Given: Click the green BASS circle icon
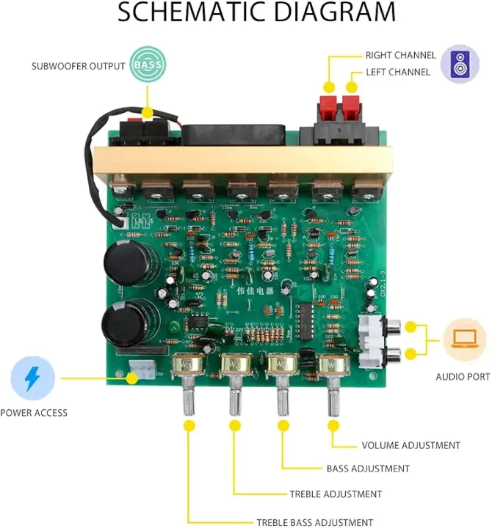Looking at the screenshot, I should pos(147,65).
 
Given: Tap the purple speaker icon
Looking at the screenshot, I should pos(460,64).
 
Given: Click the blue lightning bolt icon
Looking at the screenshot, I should pos(32,378).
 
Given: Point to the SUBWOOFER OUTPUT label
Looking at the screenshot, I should pos(78,66).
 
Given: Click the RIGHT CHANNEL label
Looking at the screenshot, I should pos(400,55).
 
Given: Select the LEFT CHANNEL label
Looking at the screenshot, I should pos(398,72).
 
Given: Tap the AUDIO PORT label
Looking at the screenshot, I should pos(462,377).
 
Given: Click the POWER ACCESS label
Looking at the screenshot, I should pos(34,413).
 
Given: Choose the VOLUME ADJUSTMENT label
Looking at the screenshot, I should pos(410,445).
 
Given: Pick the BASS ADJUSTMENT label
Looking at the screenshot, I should pos(368,468).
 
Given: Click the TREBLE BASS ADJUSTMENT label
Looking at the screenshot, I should pos(314,522).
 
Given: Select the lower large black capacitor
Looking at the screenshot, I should pos(121,323).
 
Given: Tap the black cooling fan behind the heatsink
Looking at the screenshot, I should pos(230,135).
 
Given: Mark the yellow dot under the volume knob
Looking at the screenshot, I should pos(331,425).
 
